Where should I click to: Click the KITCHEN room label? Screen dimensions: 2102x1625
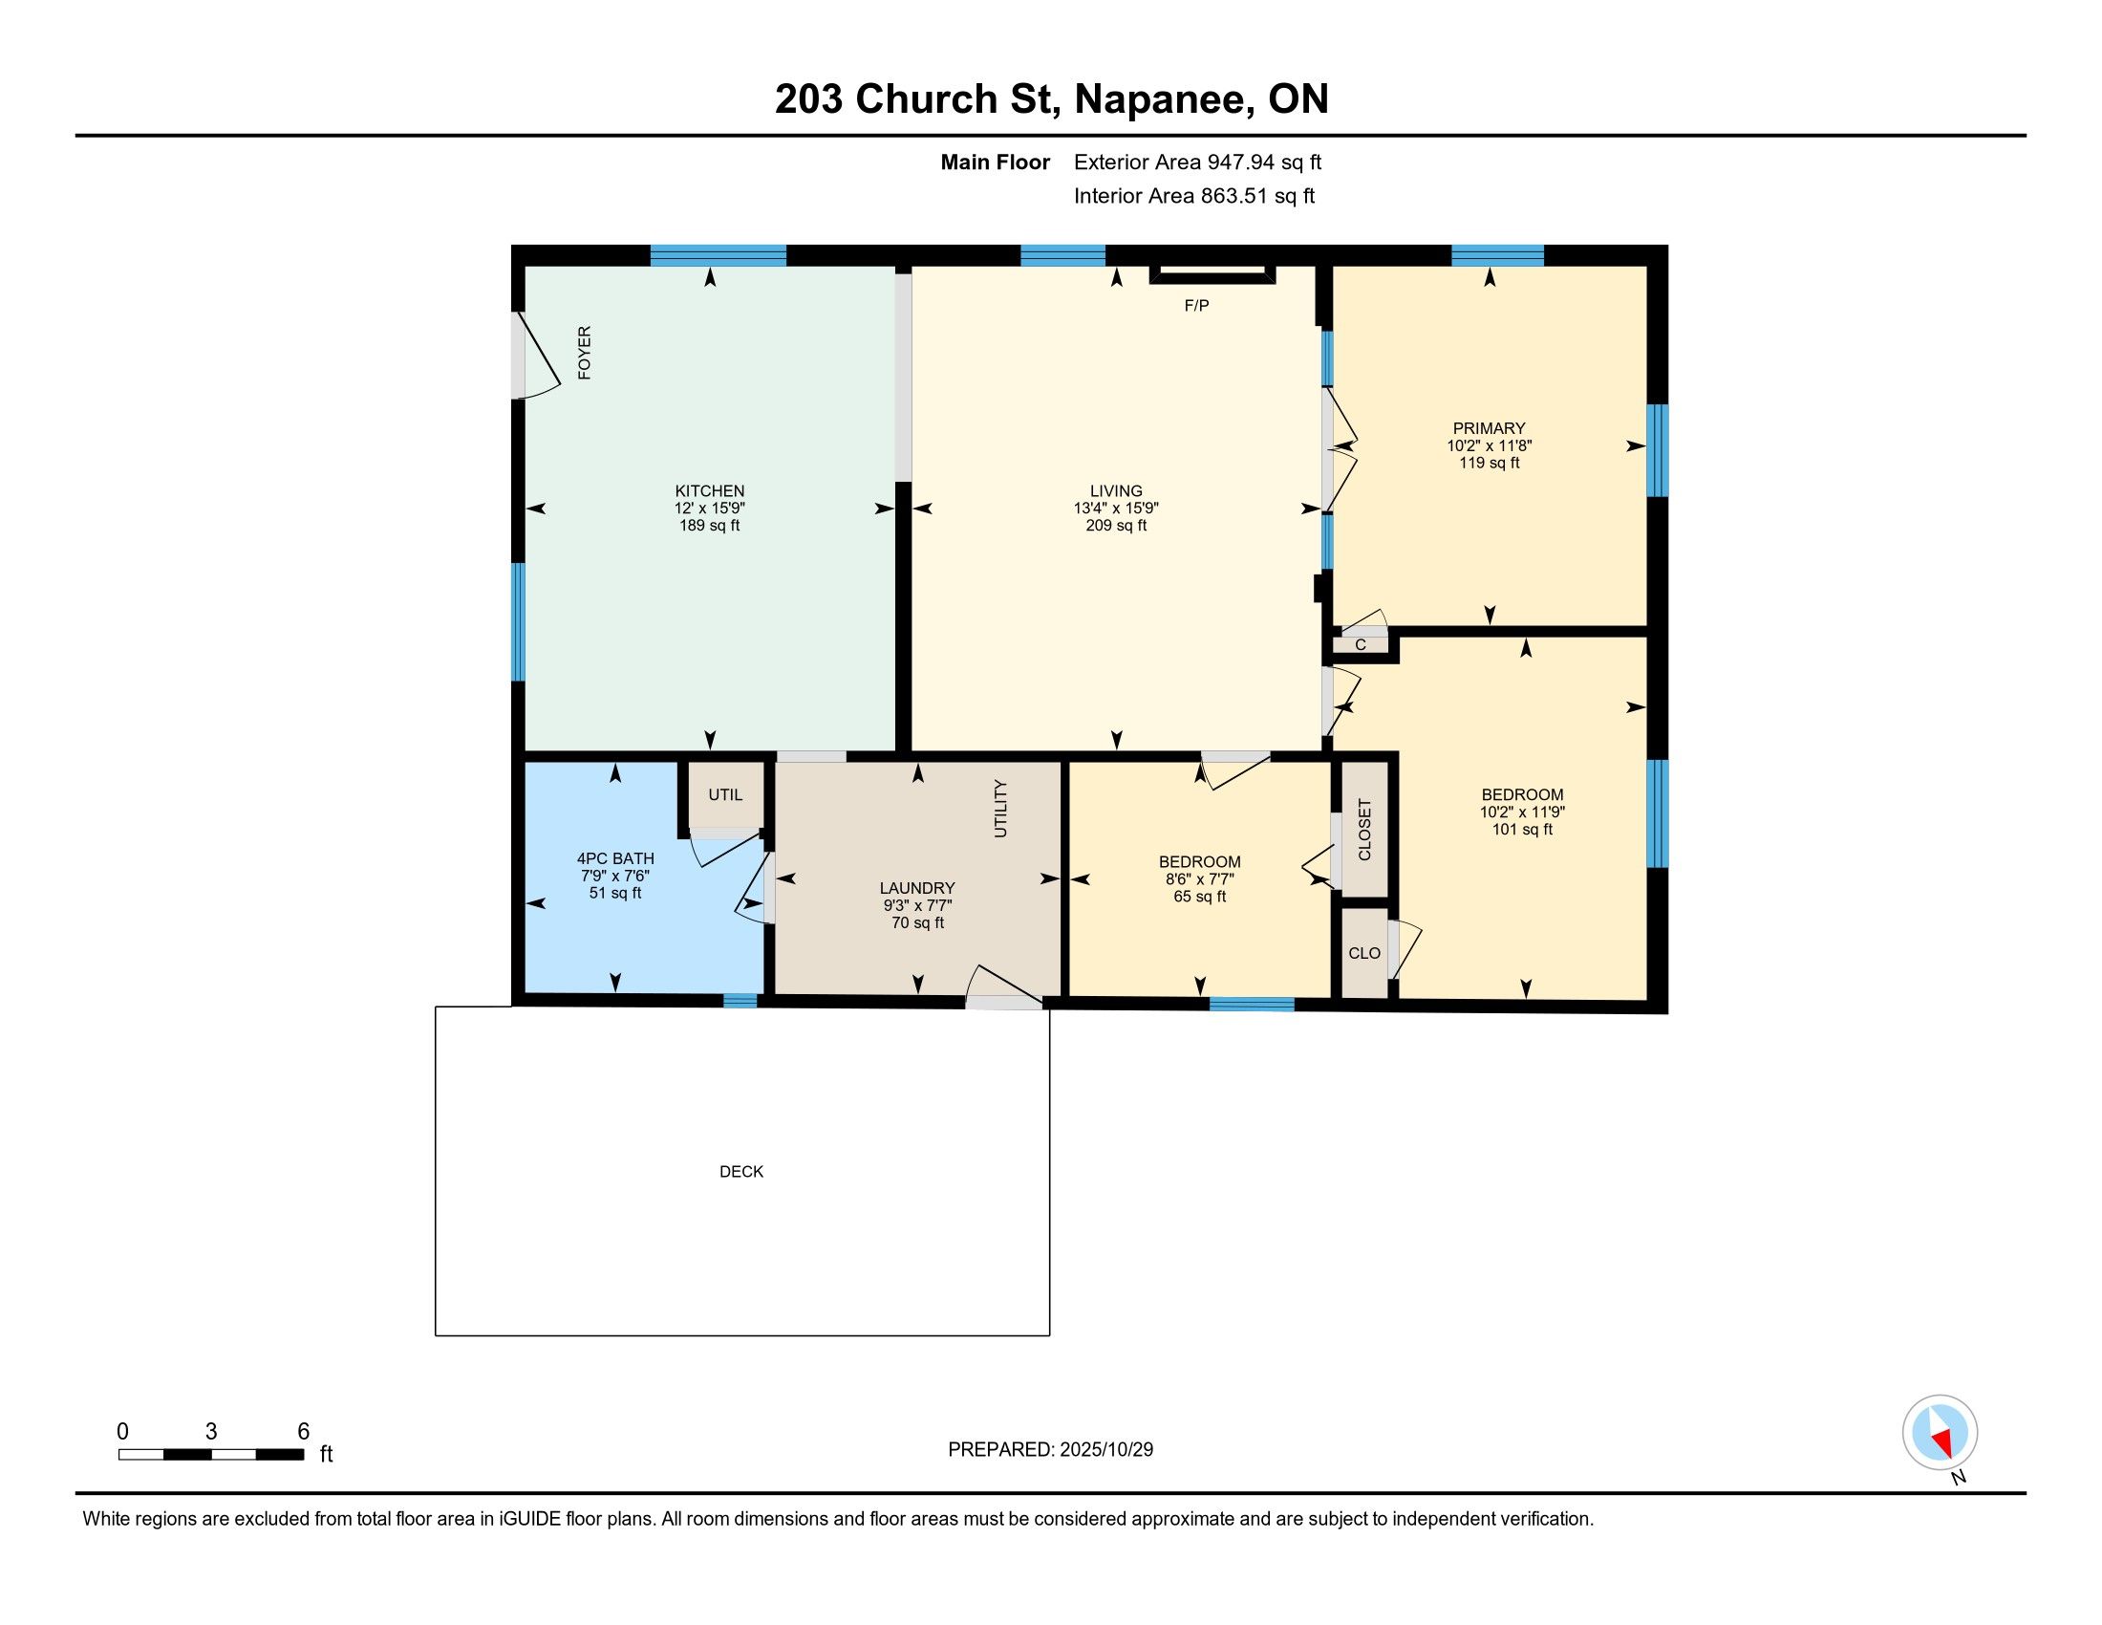point(709,491)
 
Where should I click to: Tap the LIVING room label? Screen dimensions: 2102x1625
point(1115,491)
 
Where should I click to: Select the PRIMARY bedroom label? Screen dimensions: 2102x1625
point(1489,428)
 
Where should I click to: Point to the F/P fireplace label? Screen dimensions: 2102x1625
point(1196,306)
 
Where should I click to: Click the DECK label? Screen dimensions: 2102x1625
point(741,1172)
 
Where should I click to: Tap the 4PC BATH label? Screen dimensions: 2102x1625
point(615,858)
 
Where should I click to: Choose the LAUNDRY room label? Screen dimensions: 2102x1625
point(917,889)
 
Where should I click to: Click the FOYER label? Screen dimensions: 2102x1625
point(584,353)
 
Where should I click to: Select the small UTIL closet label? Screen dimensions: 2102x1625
point(725,795)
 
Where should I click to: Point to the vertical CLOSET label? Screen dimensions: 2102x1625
point(1363,829)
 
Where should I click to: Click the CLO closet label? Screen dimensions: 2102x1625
point(1363,953)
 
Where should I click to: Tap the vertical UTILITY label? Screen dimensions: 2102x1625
point(1001,809)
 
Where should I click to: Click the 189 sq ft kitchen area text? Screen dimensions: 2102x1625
point(709,526)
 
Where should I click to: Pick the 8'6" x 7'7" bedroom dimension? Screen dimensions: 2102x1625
point(1199,878)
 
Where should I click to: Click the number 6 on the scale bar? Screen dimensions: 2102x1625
point(303,1432)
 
